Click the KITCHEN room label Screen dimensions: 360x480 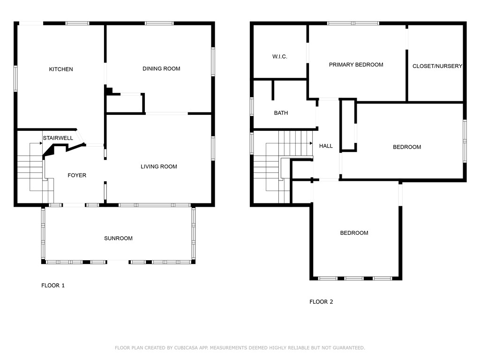tap(61, 69)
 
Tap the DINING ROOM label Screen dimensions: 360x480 tap(161, 69)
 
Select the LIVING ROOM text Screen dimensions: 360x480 tap(159, 166)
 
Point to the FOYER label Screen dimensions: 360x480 tap(77, 175)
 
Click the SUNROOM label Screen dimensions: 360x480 tap(118, 238)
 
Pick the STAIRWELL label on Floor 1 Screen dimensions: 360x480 tap(58, 138)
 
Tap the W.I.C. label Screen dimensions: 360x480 tap(280, 56)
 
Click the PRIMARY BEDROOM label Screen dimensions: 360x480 tap(356, 65)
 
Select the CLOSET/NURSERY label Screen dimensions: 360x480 tap(437, 66)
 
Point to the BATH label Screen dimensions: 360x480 tap(281, 113)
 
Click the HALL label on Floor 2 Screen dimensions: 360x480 tap(326, 146)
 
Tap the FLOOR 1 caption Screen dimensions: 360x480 tap(53, 285)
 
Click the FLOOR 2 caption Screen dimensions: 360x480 tap(321, 302)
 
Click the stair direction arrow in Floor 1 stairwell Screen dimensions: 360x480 tap(40, 143)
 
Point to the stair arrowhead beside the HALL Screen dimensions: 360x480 tap(311, 143)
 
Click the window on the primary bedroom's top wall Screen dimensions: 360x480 tap(353, 23)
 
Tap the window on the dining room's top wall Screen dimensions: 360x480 tap(159, 23)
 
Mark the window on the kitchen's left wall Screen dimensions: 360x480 tap(15, 78)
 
